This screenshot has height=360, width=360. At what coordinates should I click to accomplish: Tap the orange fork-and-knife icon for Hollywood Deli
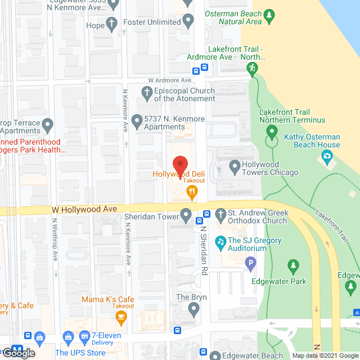point(192,193)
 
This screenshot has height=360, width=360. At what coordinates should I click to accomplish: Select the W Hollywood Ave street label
point(84,209)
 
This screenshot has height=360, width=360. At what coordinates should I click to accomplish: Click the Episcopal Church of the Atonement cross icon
point(147,93)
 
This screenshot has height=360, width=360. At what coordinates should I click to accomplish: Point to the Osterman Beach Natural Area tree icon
point(269,14)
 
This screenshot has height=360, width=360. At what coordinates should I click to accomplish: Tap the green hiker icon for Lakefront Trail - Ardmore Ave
point(253,68)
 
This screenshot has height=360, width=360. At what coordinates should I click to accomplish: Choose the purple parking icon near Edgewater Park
point(251,262)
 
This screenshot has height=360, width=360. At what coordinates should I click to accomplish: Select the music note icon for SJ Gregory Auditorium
point(220,241)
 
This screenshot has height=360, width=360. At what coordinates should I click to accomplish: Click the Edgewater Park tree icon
point(292,265)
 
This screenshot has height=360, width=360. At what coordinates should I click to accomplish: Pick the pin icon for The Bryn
point(193,308)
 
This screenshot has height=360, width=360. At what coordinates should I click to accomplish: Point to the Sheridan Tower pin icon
point(186,214)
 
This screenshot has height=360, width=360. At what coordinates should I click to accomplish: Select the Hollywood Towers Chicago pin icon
point(236,166)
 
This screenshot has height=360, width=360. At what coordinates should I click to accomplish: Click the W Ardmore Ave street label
point(170,80)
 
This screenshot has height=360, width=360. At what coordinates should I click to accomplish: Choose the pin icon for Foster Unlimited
point(189,20)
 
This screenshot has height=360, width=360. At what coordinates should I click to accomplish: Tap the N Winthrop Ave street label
point(55,262)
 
